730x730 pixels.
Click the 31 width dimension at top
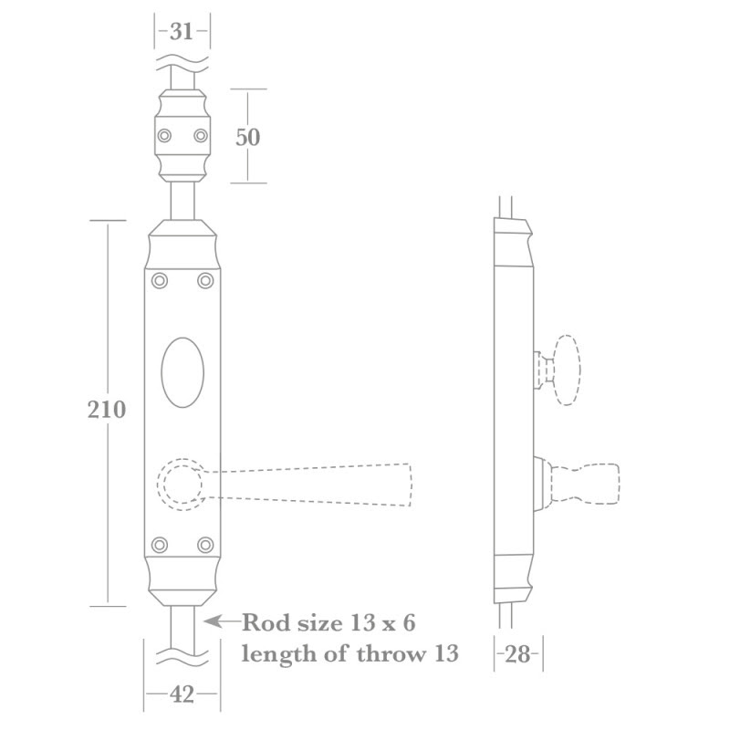[x=181, y=32]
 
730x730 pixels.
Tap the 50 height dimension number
[x=247, y=137]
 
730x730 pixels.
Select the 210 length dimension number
[x=107, y=410]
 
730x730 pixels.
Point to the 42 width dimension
[x=182, y=694]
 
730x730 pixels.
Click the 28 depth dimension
[x=517, y=654]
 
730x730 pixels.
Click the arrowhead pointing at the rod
[x=213, y=621]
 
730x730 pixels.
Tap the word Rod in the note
[x=266, y=623]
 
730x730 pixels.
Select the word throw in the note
[x=391, y=653]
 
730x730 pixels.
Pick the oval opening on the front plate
[x=182, y=372]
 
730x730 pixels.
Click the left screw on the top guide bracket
[x=164, y=136]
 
